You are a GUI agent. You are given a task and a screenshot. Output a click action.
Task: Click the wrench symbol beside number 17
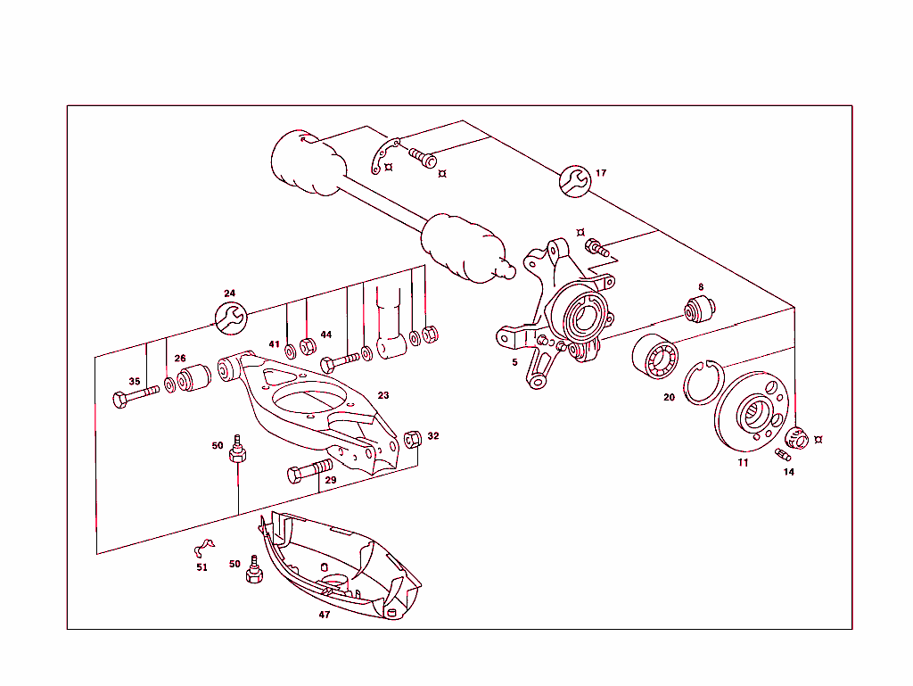pos(575,182)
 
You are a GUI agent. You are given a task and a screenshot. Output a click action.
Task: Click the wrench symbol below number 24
pos(231,318)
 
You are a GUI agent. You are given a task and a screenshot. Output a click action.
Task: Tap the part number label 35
pos(135,382)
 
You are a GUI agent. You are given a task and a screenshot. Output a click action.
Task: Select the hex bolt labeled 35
pos(134,398)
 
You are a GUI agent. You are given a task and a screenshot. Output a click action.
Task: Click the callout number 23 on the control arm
pos(383,395)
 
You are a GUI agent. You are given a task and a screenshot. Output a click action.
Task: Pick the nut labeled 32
pos(413,439)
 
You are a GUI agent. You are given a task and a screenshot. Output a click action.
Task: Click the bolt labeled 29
pos(309,470)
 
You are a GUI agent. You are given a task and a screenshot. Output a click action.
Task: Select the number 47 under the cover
pos(325,615)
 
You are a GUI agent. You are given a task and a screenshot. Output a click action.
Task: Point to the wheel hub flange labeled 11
pos(751,412)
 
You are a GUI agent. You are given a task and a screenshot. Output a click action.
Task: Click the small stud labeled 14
pos(784,457)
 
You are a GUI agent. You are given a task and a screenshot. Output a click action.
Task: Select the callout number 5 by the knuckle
pos(514,362)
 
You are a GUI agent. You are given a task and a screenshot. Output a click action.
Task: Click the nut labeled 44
pos(308,344)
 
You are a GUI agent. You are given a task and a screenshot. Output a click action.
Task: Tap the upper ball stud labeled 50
pos(238,450)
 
